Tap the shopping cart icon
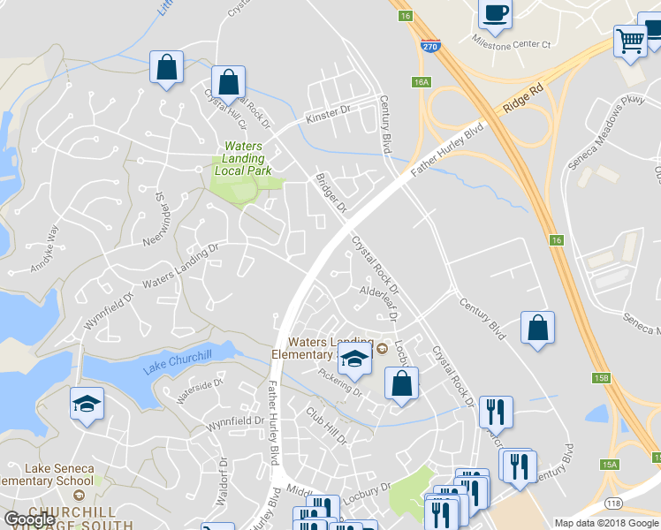click(630, 40)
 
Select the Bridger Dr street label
click(332, 193)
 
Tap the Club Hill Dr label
click(328, 425)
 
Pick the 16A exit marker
click(422, 81)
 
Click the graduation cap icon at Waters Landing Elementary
click(353, 359)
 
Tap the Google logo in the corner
click(30, 519)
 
